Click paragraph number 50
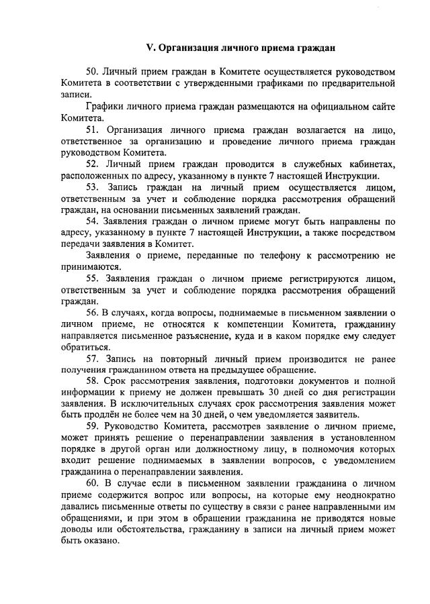[94, 71]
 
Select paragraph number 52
[94, 164]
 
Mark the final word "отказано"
[101, 542]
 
